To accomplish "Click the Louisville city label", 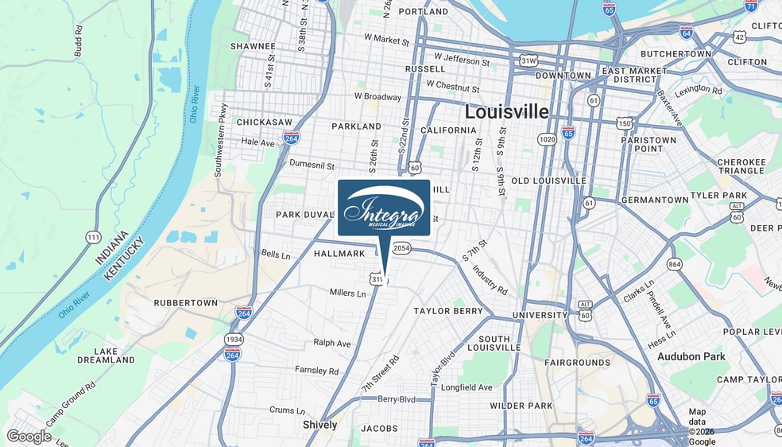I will click(x=506, y=111).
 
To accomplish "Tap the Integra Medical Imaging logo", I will click(x=384, y=208).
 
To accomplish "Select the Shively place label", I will click(x=319, y=425).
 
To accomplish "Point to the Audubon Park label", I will click(x=691, y=356).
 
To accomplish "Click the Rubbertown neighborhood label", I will click(x=185, y=303).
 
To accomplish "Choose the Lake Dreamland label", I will click(x=106, y=356).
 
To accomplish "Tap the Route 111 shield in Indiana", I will click(x=94, y=237).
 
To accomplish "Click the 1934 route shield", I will click(x=233, y=340).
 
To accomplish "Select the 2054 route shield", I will click(x=402, y=249).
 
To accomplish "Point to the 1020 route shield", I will click(x=547, y=139).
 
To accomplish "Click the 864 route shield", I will click(x=675, y=264).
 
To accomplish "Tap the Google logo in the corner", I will click(x=29, y=436).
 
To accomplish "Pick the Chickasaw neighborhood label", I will click(x=242, y=122).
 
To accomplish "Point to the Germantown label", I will click(x=655, y=200).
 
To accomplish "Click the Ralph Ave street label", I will click(x=332, y=343).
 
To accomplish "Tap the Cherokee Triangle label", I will click(x=741, y=167).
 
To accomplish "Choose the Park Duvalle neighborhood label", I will click(x=305, y=215).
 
